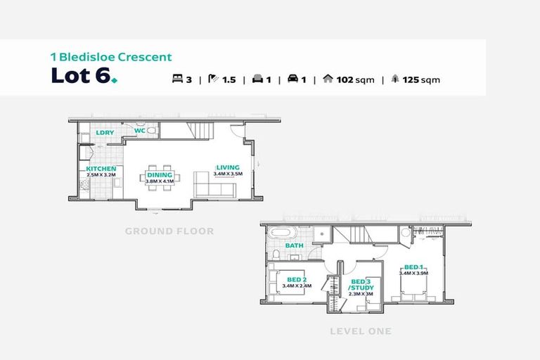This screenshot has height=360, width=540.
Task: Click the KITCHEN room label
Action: click(x=101, y=169)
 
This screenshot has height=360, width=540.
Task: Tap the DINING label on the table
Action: click(x=159, y=175)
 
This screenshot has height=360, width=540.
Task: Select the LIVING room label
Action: click(x=227, y=167)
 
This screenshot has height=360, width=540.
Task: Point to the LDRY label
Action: click(x=105, y=132)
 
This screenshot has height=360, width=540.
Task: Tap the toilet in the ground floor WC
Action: click(x=151, y=131)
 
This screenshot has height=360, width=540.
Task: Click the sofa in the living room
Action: click(x=214, y=189)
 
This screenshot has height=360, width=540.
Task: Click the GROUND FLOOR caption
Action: click(x=169, y=231)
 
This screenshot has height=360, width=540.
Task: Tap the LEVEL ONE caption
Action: click(x=360, y=330)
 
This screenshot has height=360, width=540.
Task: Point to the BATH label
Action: click(x=294, y=245)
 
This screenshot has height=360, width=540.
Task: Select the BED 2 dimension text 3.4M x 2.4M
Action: click(x=296, y=286)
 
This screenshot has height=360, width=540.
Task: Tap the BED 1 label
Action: click(x=413, y=267)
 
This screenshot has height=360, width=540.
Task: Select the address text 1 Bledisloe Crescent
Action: click(x=110, y=57)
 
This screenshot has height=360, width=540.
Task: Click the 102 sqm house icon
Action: click(x=328, y=79)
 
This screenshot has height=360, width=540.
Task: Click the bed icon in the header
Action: click(x=176, y=79)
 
